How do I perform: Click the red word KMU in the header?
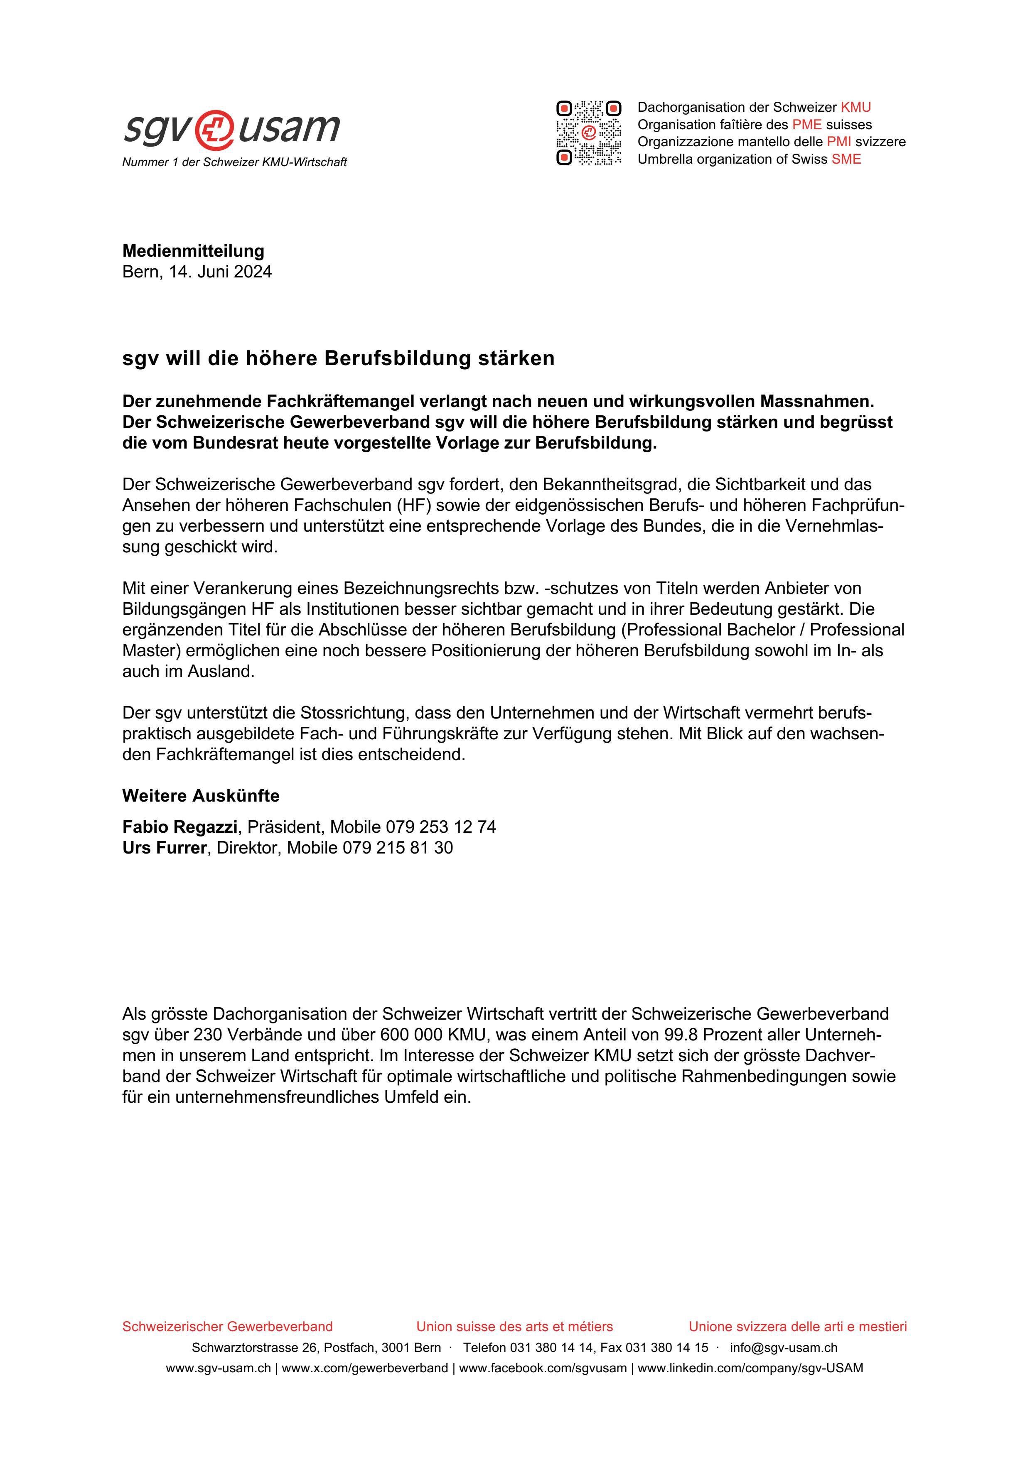pyautogui.click(x=855, y=107)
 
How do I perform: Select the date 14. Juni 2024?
pyautogui.click(x=220, y=272)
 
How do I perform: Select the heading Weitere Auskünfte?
pyautogui.click(x=201, y=796)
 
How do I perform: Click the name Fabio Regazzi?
pyautogui.click(x=179, y=827)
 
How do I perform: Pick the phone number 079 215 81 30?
pyautogui.click(x=397, y=848)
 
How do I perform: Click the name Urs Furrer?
pyautogui.click(x=165, y=848)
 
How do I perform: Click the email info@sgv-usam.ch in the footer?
pyautogui.click(x=783, y=1347)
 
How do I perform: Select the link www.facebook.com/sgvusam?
pyautogui.click(x=543, y=1368)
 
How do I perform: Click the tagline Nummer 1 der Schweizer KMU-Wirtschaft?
pyautogui.click(x=234, y=162)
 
